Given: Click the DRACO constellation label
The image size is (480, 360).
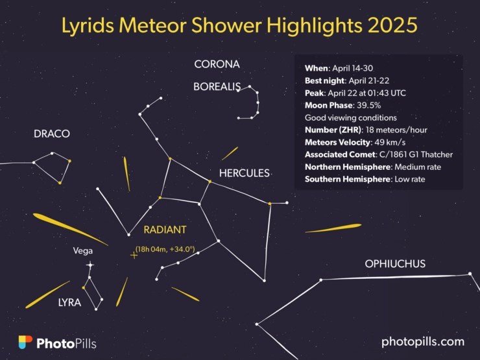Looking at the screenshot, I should [x=51, y=134].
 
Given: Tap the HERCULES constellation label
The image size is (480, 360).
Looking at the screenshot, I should [x=244, y=173].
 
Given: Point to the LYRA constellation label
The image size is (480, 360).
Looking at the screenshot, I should [x=70, y=302].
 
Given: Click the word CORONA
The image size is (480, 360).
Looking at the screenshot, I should [x=217, y=64].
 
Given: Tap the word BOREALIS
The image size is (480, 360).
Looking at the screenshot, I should [x=217, y=86].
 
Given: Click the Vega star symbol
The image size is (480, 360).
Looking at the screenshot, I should [x=90, y=265].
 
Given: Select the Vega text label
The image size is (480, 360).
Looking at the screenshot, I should [x=83, y=251].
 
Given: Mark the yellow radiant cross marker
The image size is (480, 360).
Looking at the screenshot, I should [x=134, y=256].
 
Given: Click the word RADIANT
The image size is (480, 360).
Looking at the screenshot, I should [x=165, y=230].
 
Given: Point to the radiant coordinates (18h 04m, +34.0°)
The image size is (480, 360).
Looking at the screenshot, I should [x=165, y=247].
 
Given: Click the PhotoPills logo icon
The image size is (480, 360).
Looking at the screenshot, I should [x=25, y=342].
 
